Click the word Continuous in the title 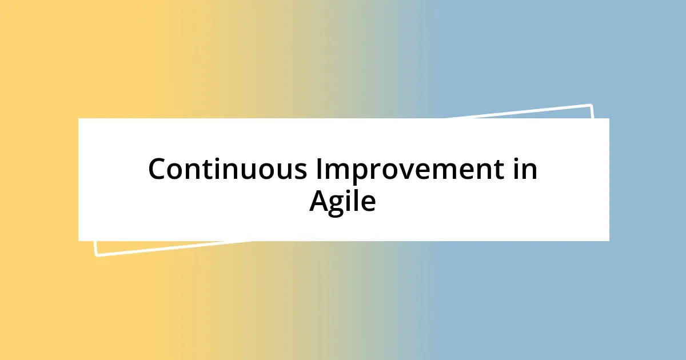[226, 170]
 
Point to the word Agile [342, 201]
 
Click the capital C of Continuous [158, 170]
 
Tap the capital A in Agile [320, 201]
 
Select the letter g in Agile [339, 204]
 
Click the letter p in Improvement [359, 173]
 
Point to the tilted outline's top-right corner [591, 105]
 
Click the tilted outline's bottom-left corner [96, 255]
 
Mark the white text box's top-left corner [79, 119]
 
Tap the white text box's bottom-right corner [609, 241]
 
